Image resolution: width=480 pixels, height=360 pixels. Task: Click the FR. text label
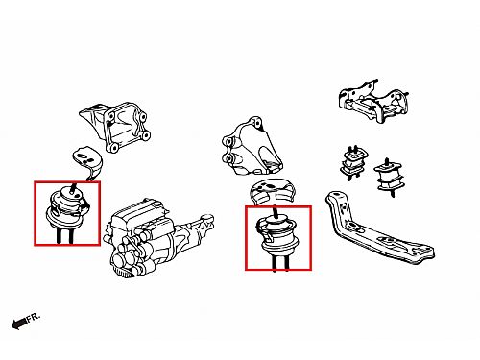tap(34, 318)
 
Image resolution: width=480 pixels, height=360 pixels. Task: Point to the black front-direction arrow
tap(18, 324)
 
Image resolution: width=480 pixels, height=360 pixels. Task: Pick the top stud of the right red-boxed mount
tap(276, 212)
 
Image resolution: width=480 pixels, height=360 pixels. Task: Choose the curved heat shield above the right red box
tap(273, 192)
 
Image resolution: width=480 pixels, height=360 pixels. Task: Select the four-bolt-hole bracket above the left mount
tap(116, 126)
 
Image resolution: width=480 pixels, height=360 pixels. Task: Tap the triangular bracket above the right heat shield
tap(252, 147)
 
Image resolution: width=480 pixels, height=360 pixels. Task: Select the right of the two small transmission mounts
tap(389, 176)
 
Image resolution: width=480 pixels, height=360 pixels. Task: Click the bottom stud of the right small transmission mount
tap(393, 194)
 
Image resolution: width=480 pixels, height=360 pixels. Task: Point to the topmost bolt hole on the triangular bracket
tap(257, 122)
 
